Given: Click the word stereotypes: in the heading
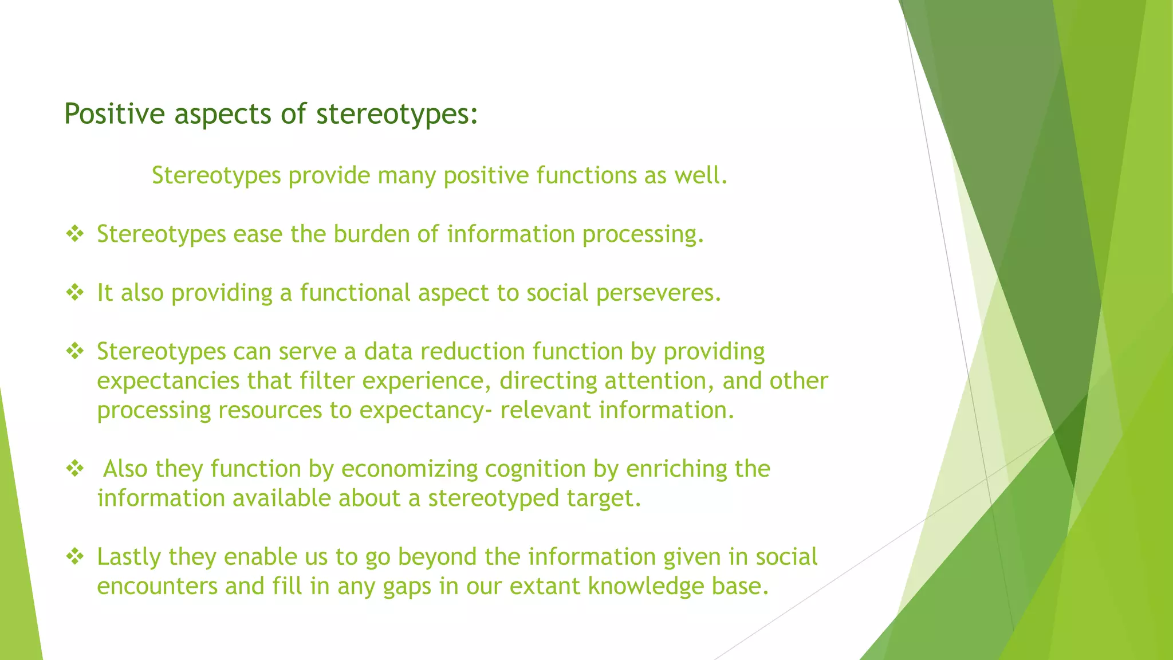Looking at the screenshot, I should (x=396, y=113).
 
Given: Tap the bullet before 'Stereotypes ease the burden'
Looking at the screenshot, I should (x=75, y=234).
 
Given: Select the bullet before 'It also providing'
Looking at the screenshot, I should (x=75, y=293).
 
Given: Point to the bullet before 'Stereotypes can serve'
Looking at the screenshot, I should (x=75, y=351).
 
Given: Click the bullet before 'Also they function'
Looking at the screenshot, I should (x=75, y=469).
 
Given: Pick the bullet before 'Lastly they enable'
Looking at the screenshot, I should (x=75, y=556).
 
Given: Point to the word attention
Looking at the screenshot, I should (x=658, y=381).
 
